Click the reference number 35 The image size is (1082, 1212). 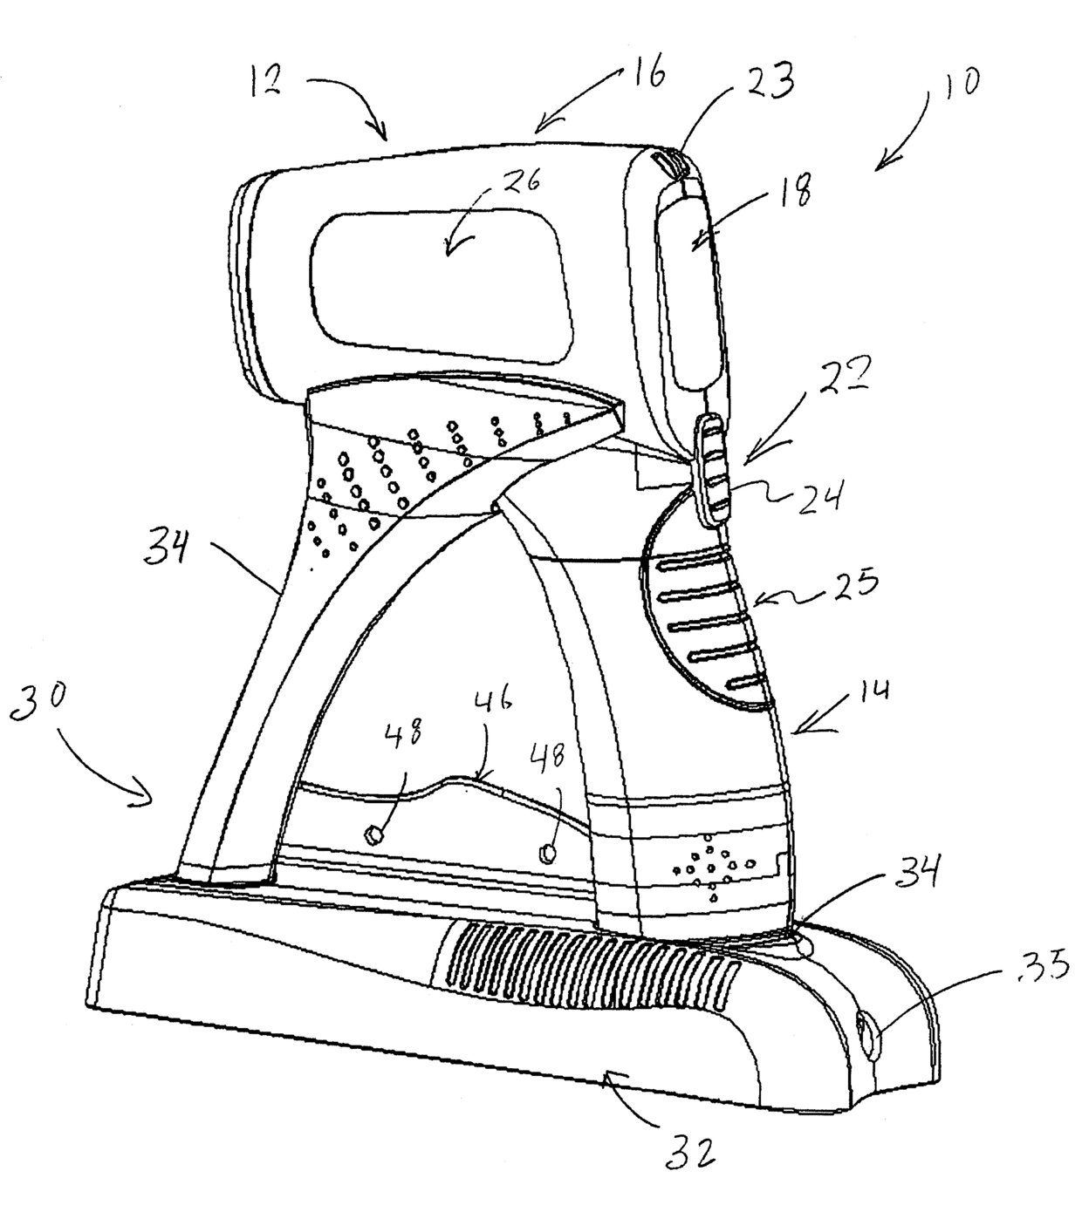point(1045,968)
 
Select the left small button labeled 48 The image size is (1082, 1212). point(373,835)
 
